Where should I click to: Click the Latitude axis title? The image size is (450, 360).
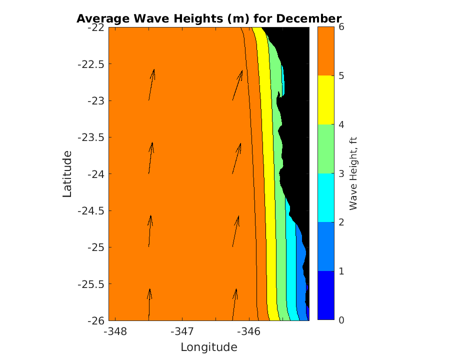tap(67, 174)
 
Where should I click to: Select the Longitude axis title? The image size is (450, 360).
tap(208, 347)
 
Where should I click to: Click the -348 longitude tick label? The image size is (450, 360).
tap(115, 331)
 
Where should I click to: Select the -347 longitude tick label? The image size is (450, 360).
tap(182, 331)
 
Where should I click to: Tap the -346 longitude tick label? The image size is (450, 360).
tap(248, 331)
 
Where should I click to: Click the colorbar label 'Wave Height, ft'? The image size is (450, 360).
tap(353, 174)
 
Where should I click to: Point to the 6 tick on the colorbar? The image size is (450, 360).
tap(341, 27)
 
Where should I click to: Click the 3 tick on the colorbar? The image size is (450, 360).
tap(341, 174)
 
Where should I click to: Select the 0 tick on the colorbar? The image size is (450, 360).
tap(341, 320)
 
